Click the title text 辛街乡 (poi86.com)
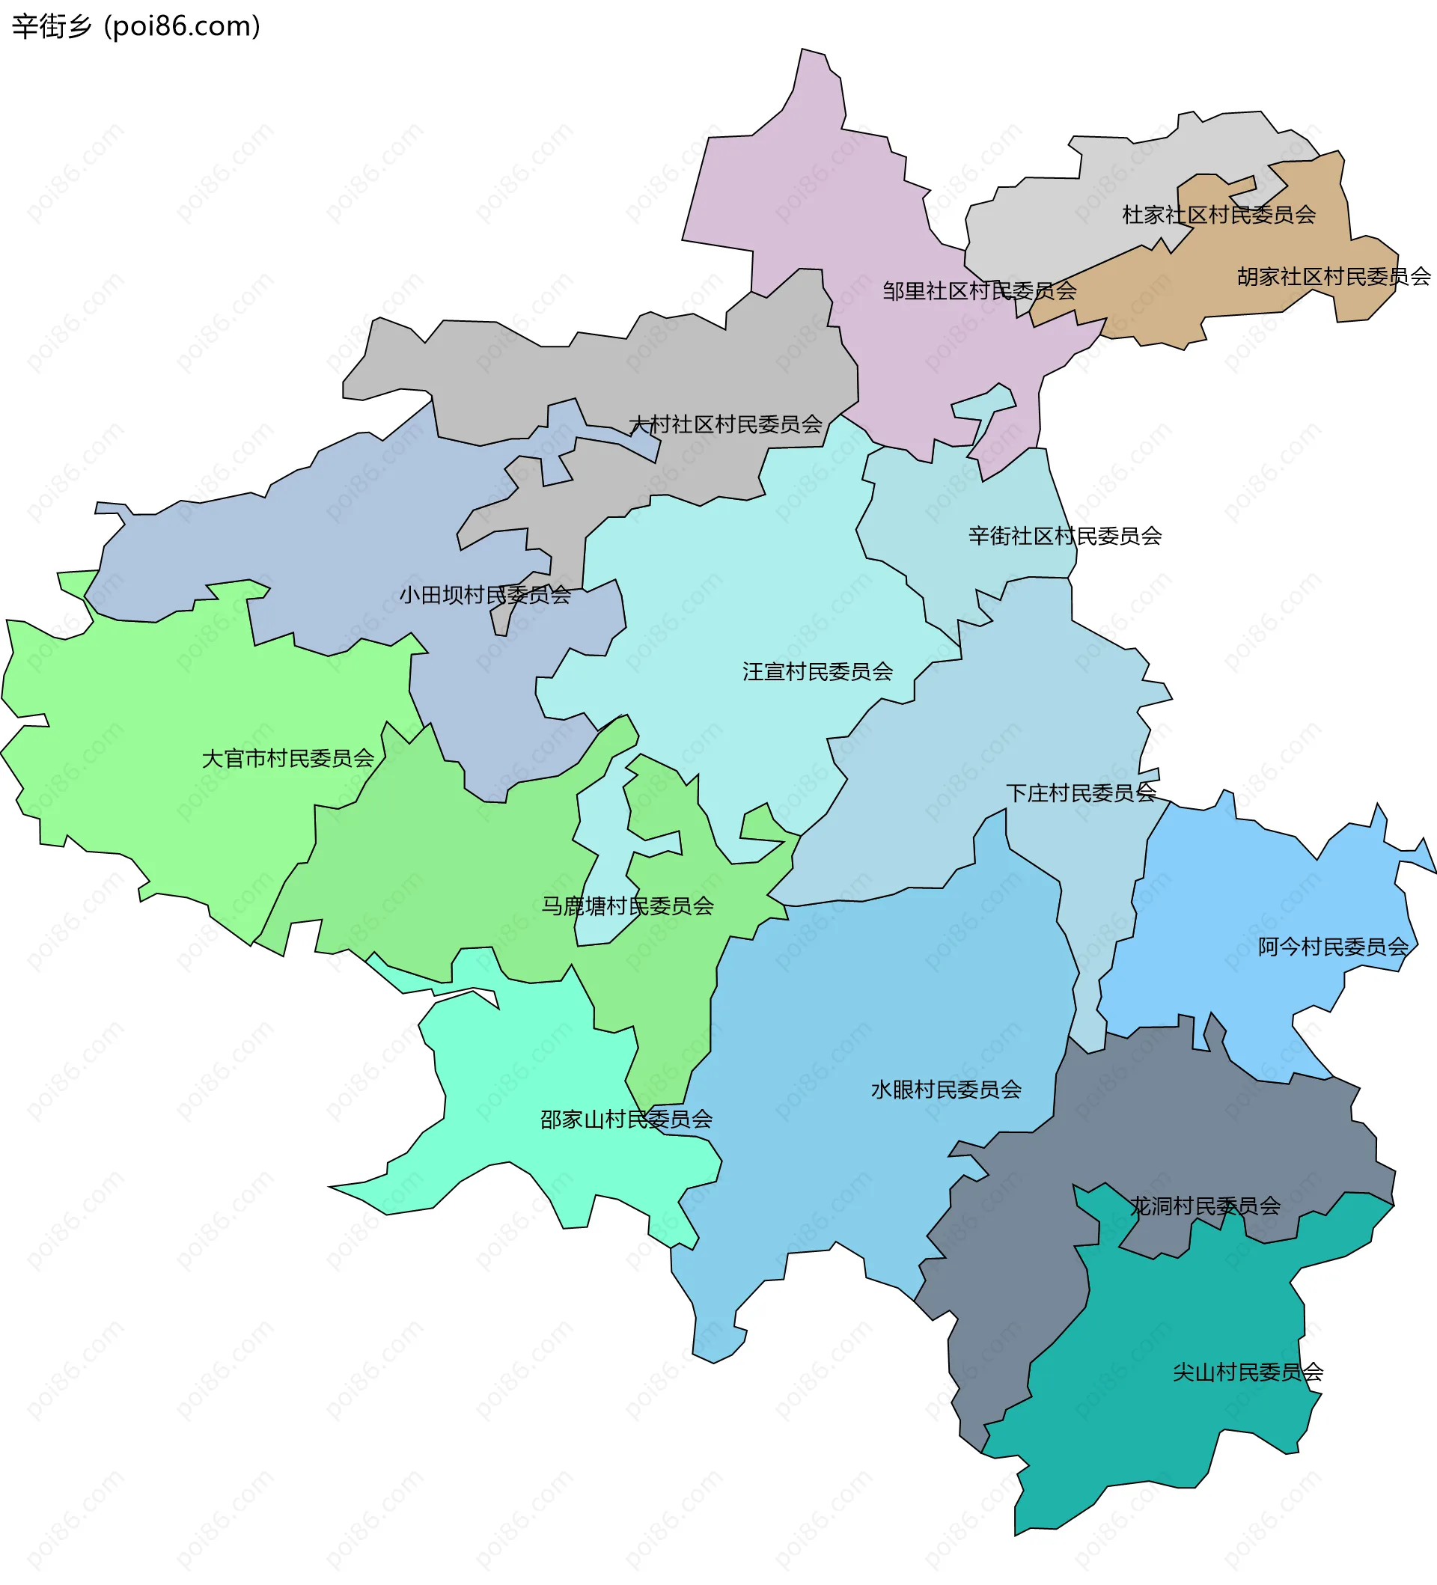tap(135, 26)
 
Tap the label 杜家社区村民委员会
tap(1218, 215)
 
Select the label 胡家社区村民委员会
tap(1333, 277)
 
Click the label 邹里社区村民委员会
tap(979, 291)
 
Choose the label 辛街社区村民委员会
tap(1064, 537)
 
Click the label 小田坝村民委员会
tap(484, 595)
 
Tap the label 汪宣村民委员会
tap(817, 671)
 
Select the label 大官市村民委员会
tap(287, 759)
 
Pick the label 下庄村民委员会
tap(1081, 792)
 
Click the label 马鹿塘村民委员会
tap(626, 906)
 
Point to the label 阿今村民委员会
tap(1333, 947)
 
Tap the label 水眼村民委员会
tap(946, 1090)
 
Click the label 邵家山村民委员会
tap(626, 1120)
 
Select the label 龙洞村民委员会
tap(1205, 1206)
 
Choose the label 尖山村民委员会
tap(1248, 1372)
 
